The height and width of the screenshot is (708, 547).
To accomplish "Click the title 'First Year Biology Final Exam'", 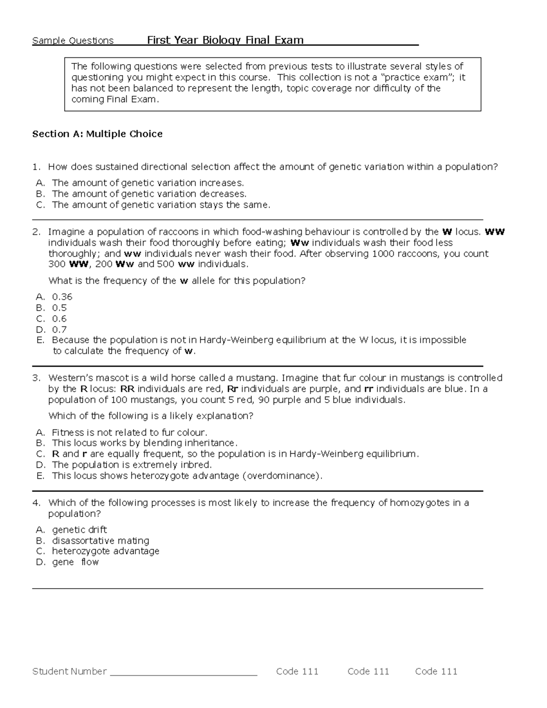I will click(225, 40).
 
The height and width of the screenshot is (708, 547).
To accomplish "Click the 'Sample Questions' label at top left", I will click(73, 41).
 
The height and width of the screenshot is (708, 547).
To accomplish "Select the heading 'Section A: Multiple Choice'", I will click(97, 134).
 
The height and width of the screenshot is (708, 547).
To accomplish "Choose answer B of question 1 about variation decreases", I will click(149, 194).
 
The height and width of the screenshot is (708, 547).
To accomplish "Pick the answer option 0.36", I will click(62, 297).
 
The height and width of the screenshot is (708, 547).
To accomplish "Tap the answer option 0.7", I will click(59, 330).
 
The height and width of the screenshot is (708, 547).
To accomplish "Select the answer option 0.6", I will click(59, 319).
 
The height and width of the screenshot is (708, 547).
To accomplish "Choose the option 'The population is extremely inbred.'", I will click(132, 465).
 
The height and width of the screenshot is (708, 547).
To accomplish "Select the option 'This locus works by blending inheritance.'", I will click(144, 443).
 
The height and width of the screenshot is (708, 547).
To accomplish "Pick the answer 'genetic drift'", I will click(79, 529).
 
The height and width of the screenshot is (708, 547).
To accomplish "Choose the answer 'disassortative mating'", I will click(100, 540).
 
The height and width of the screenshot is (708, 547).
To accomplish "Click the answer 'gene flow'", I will click(75, 562).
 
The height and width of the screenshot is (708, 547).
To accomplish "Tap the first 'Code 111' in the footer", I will click(297, 671).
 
